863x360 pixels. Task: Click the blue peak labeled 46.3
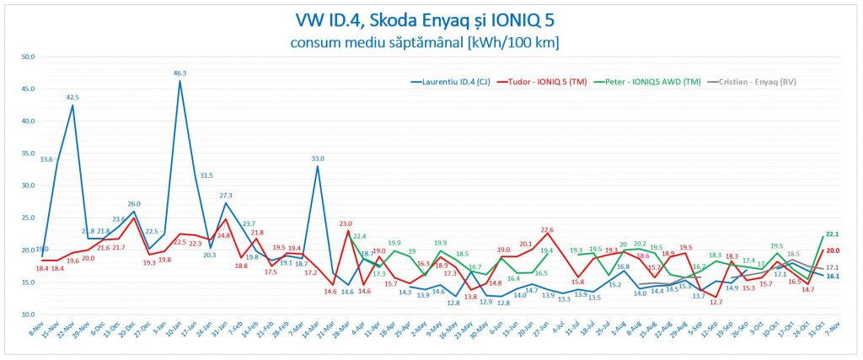tap(180, 81)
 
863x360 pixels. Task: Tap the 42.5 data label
tap(73, 97)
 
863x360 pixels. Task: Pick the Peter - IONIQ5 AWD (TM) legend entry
tap(649, 82)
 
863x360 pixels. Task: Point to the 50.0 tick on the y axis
tap(28, 57)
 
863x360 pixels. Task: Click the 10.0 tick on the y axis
tap(28, 314)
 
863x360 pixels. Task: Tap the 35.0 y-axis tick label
tap(28, 153)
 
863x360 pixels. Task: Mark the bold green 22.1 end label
tap(831, 234)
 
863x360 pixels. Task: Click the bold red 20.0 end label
tap(832, 250)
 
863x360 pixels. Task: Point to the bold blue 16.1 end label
tap(832, 276)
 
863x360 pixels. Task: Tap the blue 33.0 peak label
tap(319, 158)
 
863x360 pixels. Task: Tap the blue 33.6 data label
tap(46, 159)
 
